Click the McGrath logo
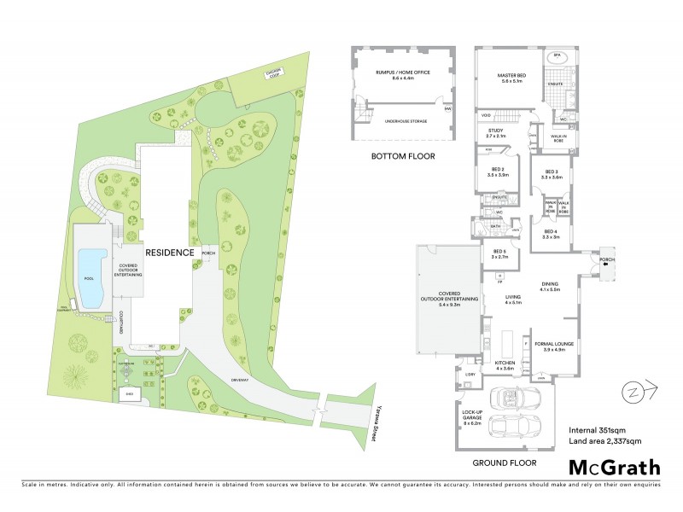coord(615,467)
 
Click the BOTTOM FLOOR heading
coord(403,157)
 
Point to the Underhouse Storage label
coord(406,119)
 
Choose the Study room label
coord(496,133)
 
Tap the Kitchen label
coord(505,365)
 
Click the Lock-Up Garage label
coord(472,418)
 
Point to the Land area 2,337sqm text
coord(604,441)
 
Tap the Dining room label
coord(549,287)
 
